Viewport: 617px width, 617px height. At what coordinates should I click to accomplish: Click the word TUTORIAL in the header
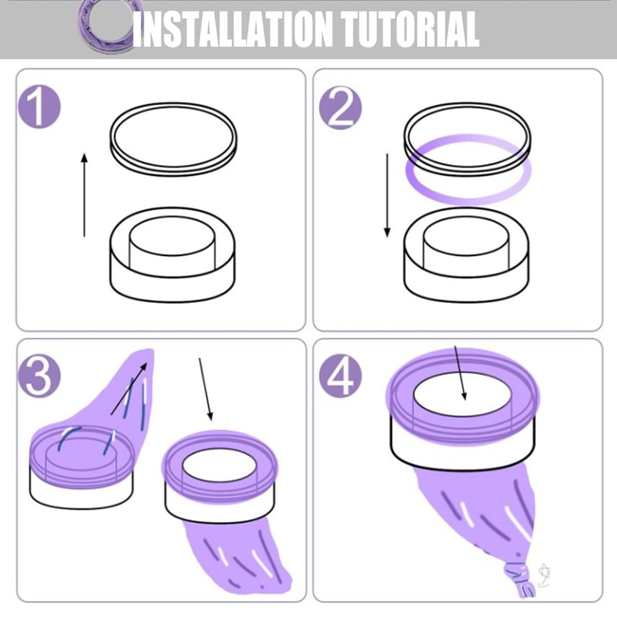(x=410, y=29)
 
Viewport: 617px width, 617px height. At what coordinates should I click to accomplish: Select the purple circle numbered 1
(x=39, y=106)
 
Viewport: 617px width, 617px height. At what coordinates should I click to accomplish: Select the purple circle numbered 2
(x=340, y=106)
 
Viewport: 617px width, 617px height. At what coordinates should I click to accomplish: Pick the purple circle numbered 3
(x=39, y=376)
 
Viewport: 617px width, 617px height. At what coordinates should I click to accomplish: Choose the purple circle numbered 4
(x=340, y=376)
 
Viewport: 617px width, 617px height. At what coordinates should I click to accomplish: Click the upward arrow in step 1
(x=84, y=195)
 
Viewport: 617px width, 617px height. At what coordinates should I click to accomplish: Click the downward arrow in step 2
(x=387, y=196)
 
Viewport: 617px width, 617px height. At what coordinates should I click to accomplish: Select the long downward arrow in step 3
(x=206, y=389)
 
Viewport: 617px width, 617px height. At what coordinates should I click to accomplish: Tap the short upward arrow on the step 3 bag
(x=130, y=389)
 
